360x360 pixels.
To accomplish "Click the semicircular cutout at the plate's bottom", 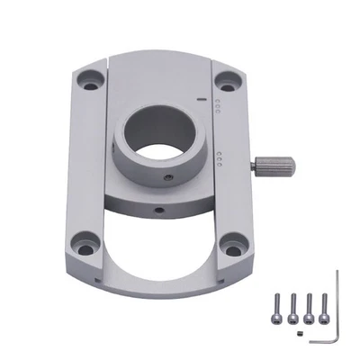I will [x=157, y=252].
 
